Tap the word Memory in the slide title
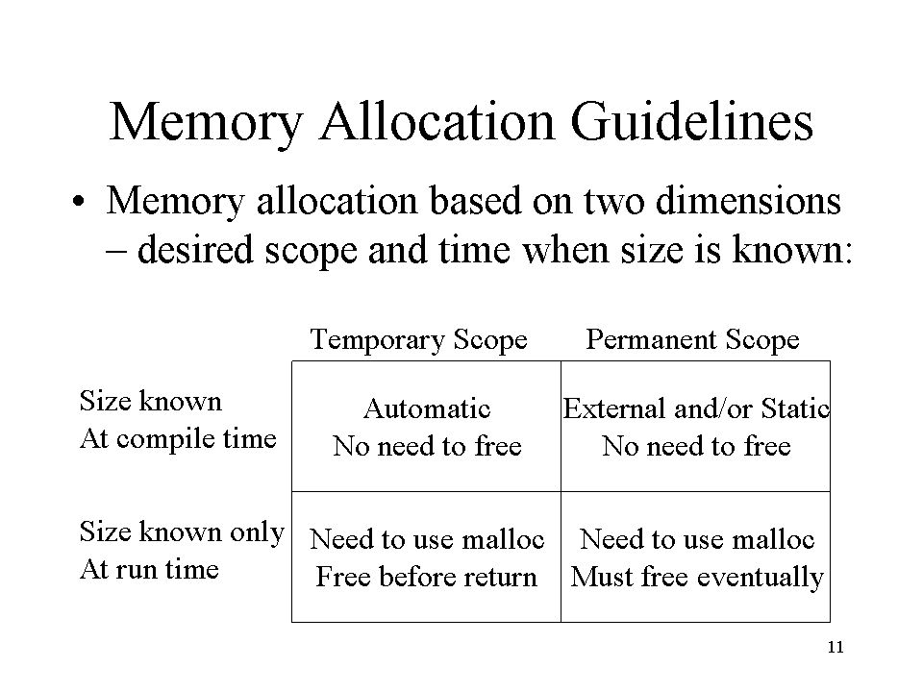click(x=206, y=125)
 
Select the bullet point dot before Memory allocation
click(x=78, y=202)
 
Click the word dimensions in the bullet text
click(x=748, y=200)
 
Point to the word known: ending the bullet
click(x=791, y=249)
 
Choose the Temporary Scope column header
click(x=418, y=340)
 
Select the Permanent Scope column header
click(x=693, y=339)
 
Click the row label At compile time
click(x=178, y=439)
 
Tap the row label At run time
click(x=149, y=569)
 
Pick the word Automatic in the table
click(x=427, y=408)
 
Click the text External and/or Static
click(x=696, y=408)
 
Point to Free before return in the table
click(x=426, y=577)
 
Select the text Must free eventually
click(x=697, y=578)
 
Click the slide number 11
click(x=836, y=647)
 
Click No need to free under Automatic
click(x=427, y=446)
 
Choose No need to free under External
click(x=696, y=446)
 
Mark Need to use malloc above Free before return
click(x=427, y=539)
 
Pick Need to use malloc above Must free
click(x=697, y=539)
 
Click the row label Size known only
click(x=182, y=531)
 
